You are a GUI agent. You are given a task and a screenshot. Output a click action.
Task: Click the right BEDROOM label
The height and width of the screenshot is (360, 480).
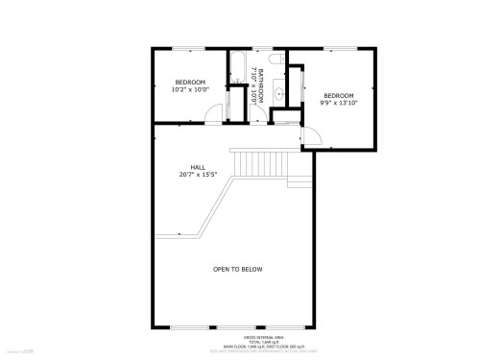338,95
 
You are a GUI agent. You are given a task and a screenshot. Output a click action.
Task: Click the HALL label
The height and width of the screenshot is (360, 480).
198,167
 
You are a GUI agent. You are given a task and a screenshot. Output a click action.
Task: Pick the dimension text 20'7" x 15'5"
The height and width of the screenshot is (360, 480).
198,175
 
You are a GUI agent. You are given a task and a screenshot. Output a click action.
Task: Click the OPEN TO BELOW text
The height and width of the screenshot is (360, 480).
237,269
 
